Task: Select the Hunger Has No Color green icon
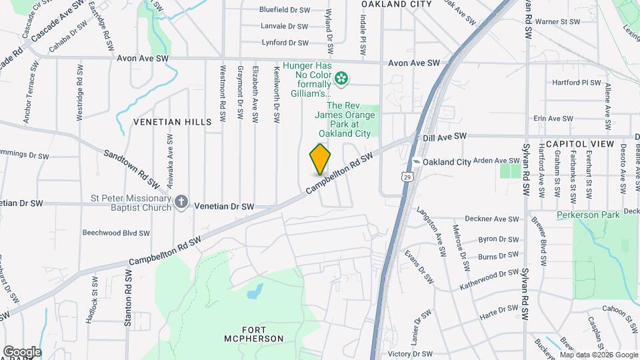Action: click(x=341, y=79)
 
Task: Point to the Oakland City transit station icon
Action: click(x=416, y=162)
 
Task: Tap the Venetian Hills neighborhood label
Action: click(x=172, y=122)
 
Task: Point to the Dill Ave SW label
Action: click(x=444, y=137)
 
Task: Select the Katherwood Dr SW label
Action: click(x=489, y=280)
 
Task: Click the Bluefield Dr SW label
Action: click(x=284, y=10)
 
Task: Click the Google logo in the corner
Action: click(x=22, y=351)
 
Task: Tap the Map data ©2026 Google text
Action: click(x=598, y=355)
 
